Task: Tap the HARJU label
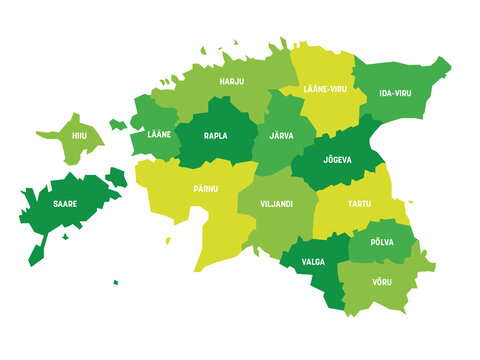232,81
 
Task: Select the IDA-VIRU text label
394,93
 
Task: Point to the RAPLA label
215,135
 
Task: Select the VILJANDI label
275,204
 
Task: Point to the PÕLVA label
382,242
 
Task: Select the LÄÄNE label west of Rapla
158,134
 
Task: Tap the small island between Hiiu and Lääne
117,125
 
